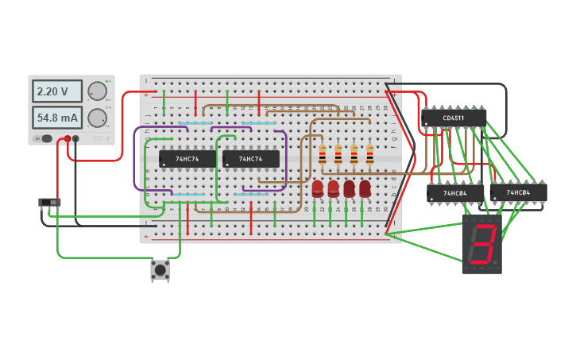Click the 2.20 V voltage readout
point(57,91)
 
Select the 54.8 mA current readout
point(57,118)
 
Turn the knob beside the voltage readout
point(97,91)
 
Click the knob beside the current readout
point(97,118)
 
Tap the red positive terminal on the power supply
point(68,139)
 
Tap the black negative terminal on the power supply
point(75,139)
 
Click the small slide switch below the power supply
point(49,203)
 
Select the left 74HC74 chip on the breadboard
point(187,159)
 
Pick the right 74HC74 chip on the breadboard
point(250,159)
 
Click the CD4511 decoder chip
point(454,118)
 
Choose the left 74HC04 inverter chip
point(455,193)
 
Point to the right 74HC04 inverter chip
point(518,193)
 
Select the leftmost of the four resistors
point(322,155)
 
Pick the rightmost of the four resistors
point(369,155)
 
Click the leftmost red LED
point(318,188)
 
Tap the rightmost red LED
point(365,188)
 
